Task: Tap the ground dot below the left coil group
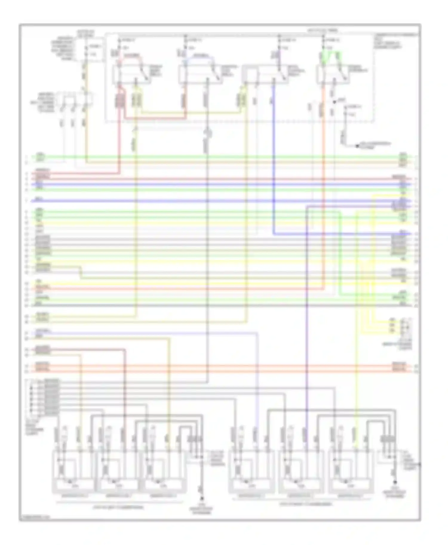point(202,498)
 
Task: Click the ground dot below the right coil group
point(395,482)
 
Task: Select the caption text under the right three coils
point(305,504)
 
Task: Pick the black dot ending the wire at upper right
point(357,146)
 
